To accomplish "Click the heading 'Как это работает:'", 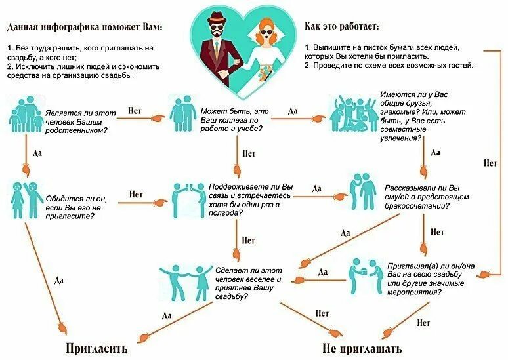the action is point(342,28).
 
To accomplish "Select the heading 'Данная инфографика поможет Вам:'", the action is point(85,28).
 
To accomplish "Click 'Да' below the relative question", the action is point(37,152).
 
